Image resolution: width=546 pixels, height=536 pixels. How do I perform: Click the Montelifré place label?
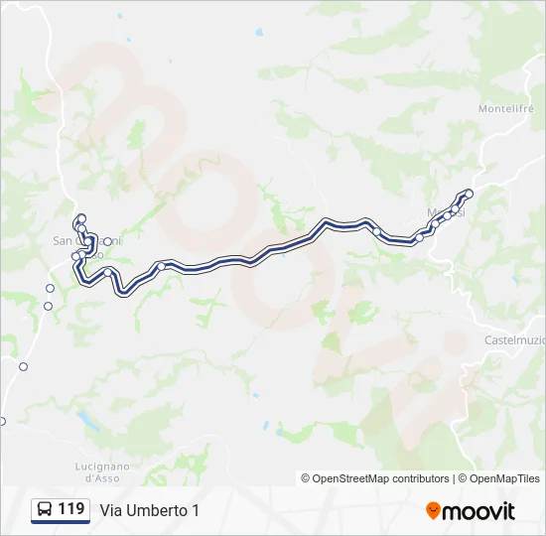(x=507, y=108)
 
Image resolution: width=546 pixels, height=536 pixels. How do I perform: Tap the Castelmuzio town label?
(x=513, y=340)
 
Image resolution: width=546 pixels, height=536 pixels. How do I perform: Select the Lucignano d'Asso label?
(x=102, y=471)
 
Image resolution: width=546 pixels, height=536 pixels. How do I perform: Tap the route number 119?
(x=71, y=509)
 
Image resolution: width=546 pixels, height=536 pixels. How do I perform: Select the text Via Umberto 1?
(x=149, y=510)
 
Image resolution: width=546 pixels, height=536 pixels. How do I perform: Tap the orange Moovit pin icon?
(x=433, y=511)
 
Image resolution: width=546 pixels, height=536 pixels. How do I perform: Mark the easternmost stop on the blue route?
(x=469, y=194)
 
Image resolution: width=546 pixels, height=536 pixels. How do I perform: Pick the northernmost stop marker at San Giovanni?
(x=81, y=218)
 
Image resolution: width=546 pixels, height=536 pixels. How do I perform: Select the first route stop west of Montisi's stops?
(x=377, y=231)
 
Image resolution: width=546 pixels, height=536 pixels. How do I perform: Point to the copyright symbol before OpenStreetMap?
(x=306, y=478)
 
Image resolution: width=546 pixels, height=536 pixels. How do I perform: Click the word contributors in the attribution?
(x=420, y=478)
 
